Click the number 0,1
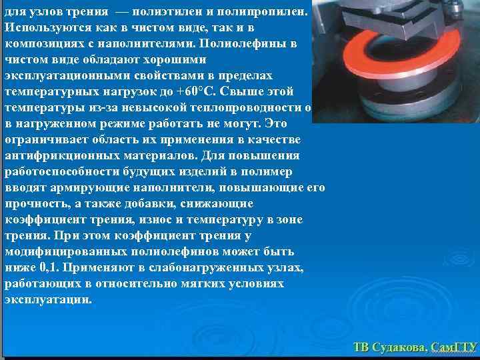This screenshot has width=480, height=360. [x=51, y=267]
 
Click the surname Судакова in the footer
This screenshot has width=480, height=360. [x=399, y=347]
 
